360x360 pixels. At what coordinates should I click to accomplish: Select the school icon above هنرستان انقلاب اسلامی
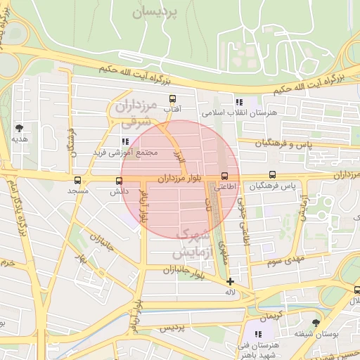pos(239,102)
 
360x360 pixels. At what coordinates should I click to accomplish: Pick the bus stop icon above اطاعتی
pos(225,176)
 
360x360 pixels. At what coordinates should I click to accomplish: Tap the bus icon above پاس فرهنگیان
pos(272,176)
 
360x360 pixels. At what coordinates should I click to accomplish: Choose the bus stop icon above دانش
pos(118,181)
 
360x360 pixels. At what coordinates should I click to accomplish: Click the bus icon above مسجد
pos(77,181)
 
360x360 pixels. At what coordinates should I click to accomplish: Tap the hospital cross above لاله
pos(230,281)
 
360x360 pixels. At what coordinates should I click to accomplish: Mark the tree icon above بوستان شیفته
pos(315,323)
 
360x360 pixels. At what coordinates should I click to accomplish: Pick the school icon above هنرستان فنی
pos(259,333)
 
